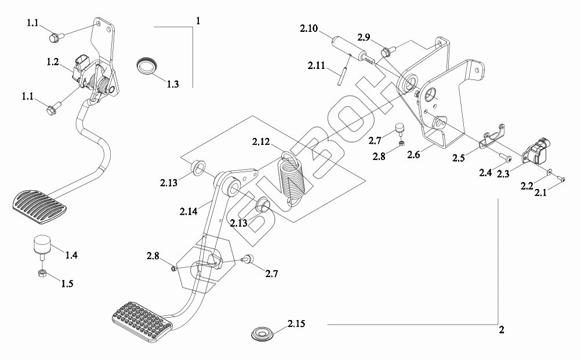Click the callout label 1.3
click(x=172, y=84)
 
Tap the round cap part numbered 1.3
click(x=147, y=65)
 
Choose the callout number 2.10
click(x=308, y=28)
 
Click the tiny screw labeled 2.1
click(x=561, y=179)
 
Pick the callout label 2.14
click(x=188, y=212)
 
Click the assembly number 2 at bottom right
click(x=501, y=331)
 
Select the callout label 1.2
click(x=53, y=61)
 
